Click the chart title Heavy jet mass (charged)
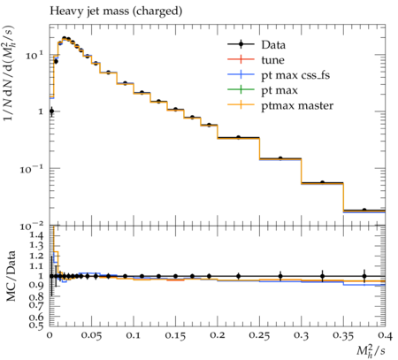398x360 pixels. [116, 11]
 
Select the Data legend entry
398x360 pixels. [256, 44]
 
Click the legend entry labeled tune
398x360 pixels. [256, 60]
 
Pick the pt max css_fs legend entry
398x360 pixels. [279, 75]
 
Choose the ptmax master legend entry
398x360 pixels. [280, 105]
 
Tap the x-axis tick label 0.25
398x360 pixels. [259, 335]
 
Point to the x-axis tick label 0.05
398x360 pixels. [91, 335]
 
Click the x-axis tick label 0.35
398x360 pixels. [343, 335]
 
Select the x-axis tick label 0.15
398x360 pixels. [175, 335]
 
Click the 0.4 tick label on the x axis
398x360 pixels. [385, 335]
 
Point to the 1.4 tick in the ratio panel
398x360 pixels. [36, 235]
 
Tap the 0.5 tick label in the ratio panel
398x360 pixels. [36, 325]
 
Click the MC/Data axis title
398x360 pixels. [11, 276]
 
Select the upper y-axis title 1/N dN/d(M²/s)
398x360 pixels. [9, 73]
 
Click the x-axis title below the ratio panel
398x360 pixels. [371, 351]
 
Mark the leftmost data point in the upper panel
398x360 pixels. [51, 111]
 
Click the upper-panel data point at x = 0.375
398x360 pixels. [364, 210]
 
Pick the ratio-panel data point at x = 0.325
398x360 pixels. [323, 276]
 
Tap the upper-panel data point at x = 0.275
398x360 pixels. [280, 158]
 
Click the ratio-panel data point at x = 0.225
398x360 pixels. [239, 276]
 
